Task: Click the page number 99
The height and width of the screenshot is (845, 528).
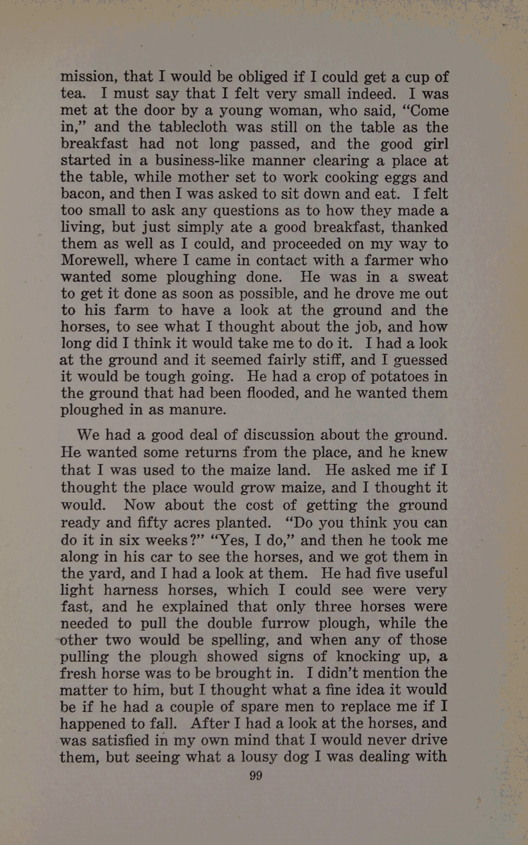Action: point(255,776)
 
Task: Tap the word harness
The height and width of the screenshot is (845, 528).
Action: point(131,590)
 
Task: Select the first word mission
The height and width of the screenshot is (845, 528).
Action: point(89,77)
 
